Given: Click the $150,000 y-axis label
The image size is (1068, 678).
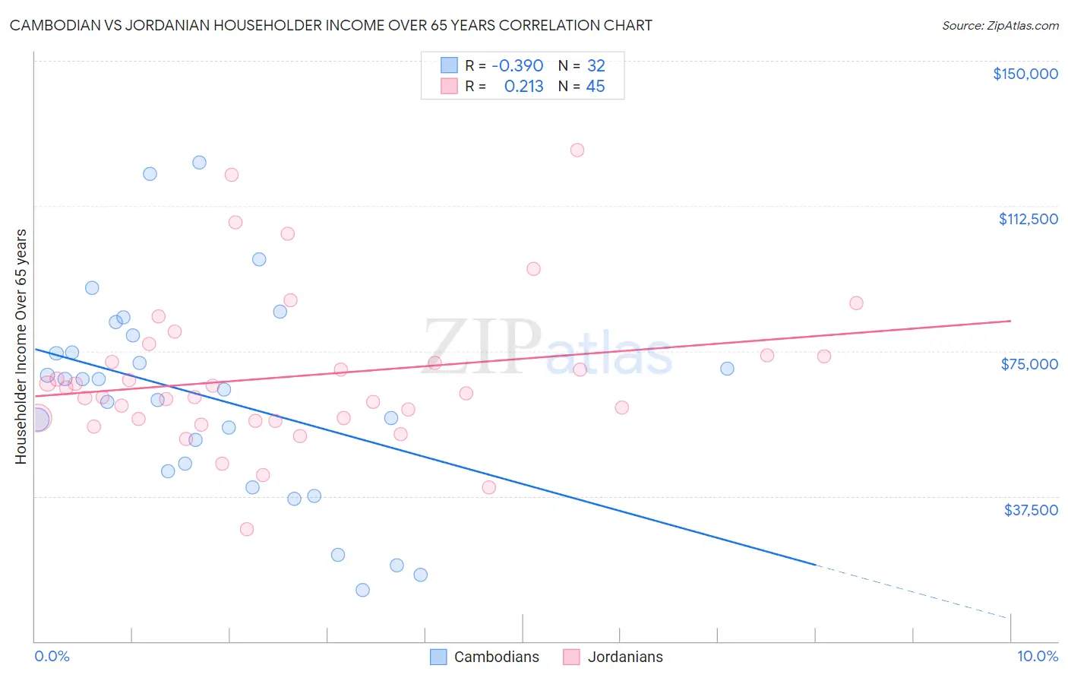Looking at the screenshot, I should click(1025, 74).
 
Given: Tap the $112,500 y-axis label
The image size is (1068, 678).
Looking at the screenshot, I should click(1028, 219).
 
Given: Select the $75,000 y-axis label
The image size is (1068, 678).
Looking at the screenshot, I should click(1029, 364).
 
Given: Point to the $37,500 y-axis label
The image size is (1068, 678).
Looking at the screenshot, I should click(1031, 510).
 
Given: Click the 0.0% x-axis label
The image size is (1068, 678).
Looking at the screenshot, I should click(52, 656).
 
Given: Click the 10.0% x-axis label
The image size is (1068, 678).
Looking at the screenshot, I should click(1037, 656).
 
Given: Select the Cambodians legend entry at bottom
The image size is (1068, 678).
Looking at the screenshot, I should click(485, 657).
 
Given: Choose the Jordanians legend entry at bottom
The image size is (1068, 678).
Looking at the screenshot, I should click(613, 657).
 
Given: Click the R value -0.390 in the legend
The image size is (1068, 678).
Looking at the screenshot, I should click(517, 65).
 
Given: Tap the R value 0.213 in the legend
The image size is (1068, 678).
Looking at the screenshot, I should click(523, 87).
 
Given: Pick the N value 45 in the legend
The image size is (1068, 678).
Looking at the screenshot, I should click(596, 87).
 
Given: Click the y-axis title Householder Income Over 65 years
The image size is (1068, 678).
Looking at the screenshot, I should click(21, 346).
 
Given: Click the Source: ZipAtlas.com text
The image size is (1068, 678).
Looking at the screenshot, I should click(1000, 26).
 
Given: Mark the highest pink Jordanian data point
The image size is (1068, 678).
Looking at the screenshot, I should click(577, 150).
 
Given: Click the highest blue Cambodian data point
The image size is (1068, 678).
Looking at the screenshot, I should click(199, 162).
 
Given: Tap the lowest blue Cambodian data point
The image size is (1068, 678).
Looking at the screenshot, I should click(362, 590).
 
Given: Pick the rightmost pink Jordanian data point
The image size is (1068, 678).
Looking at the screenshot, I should click(856, 303).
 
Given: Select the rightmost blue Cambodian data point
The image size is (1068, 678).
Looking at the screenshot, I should click(727, 369).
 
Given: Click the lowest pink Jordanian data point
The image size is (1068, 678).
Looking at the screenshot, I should click(246, 529).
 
